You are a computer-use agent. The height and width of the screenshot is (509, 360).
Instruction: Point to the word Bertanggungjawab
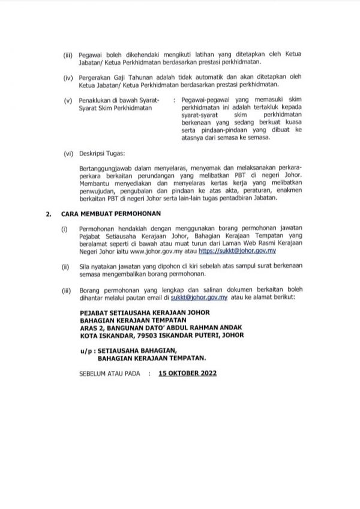point(104,169)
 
